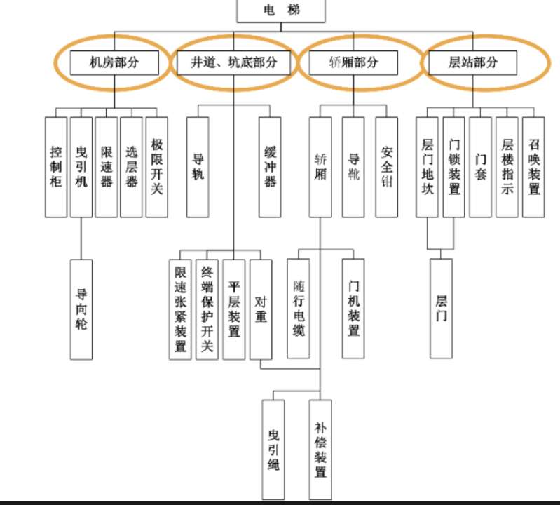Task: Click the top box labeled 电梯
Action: coord(281,10)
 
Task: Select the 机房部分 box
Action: coord(114,62)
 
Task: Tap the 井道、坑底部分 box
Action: coord(234,62)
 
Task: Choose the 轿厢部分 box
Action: coord(353,62)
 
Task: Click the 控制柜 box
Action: coord(56,167)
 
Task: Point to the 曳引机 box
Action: coord(81,167)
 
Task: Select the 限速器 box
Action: coord(107,167)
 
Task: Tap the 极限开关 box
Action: coord(157,167)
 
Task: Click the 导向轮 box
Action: coord(81,309)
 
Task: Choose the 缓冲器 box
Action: coord(270,167)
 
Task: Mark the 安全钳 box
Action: coord(387,167)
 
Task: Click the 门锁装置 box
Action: coord(454,167)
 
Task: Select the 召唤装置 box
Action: coord(534,167)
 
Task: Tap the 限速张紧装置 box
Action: coord(180,309)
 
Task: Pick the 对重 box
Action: coord(261,309)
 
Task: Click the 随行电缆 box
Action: coord(299,309)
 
